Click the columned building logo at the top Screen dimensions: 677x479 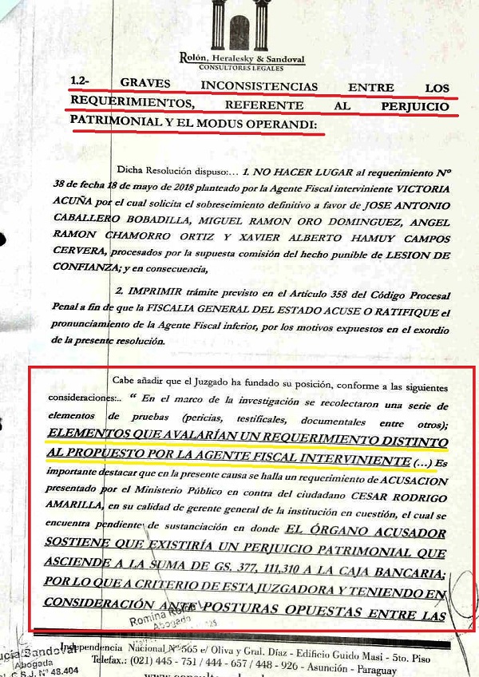pyautogui.click(x=239, y=26)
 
